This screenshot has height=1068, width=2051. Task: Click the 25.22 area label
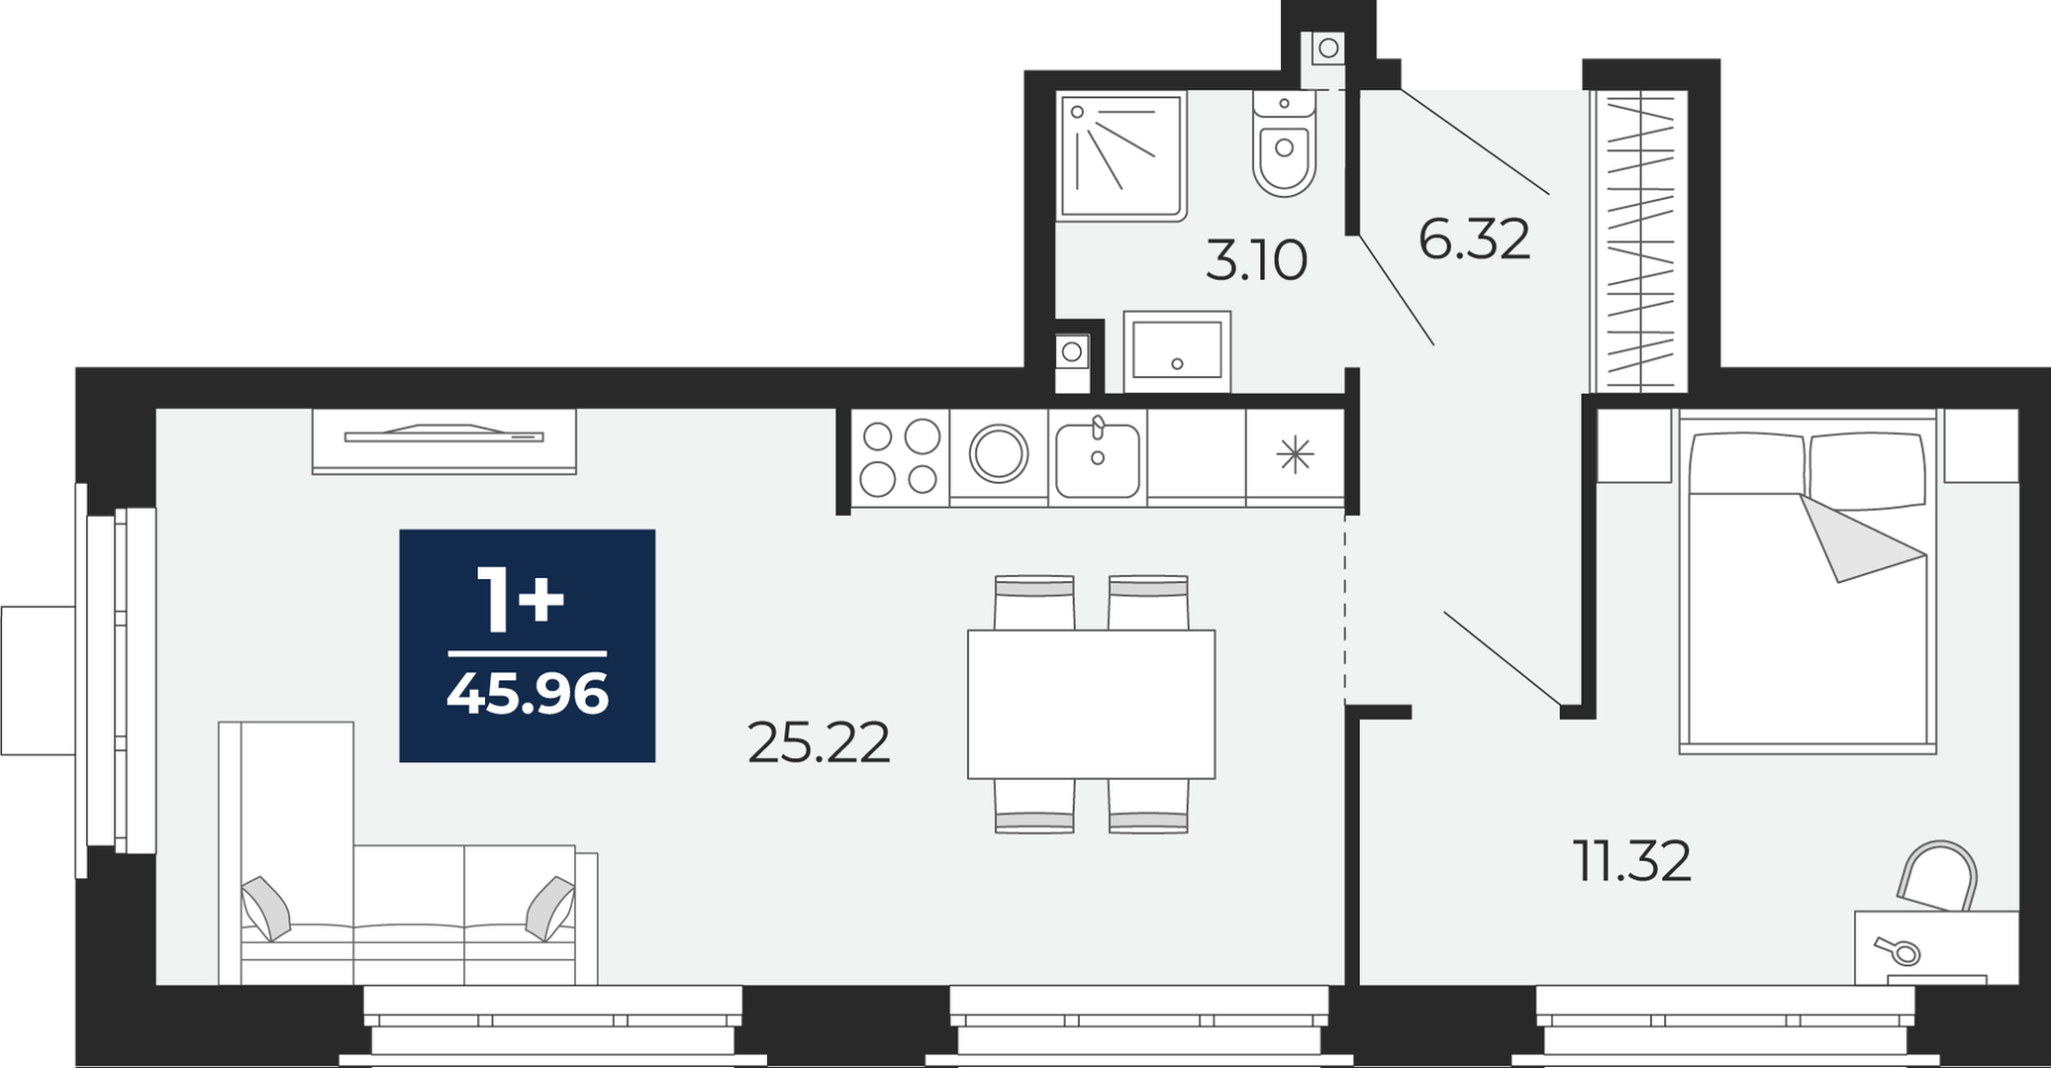click(x=819, y=742)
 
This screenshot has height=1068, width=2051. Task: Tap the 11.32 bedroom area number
click(x=1631, y=861)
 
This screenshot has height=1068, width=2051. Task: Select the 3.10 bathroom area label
click(x=1256, y=261)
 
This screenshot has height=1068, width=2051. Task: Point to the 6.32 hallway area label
click(x=1474, y=240)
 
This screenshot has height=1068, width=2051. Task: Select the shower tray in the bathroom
click(x=1123, y=155)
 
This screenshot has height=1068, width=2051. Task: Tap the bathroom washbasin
click(x=1177, y=350)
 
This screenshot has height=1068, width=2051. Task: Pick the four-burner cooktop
click(x=900, y=457)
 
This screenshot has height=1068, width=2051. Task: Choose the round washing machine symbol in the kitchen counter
click(x=999, y=454)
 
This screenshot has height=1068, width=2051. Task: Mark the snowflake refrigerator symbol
click(x=1295, y=454)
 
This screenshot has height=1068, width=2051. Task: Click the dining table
click(x=1091, y=704)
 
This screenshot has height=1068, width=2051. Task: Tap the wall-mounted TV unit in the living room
click(x=443, y=440)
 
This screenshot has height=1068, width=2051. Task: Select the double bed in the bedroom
click(x=1807, y=583)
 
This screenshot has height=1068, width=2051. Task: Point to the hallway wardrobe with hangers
click(x=1639, y=241)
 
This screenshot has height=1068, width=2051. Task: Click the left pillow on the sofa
click(x=266, y=908)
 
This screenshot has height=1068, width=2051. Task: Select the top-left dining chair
click(x=1033, y=602)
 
